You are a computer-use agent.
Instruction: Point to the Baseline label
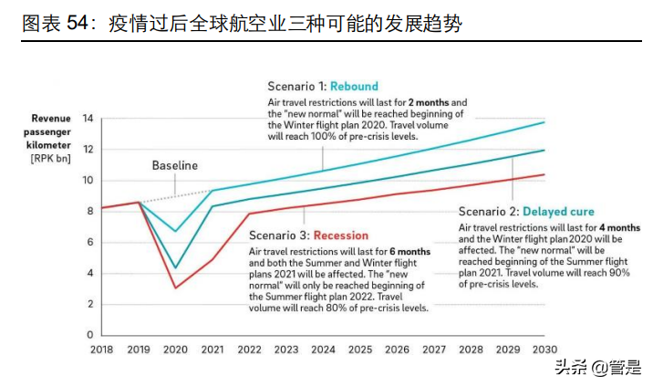pyautogui.click(x=174, y=166)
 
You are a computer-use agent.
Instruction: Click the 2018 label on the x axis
pyautogui.click(x=101, y=350)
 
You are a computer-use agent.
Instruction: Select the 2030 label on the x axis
pyautogui.click(x=544, y=350)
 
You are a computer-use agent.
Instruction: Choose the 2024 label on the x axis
pyautogui.click(x=323, y=350)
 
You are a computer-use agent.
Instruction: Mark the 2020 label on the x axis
pyautogui.click(x=175, y=350)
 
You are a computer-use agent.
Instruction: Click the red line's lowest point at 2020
pyautogui.click(x=175, y=288)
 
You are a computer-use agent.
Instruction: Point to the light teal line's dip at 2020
pyautogui.click(x=175, y=231)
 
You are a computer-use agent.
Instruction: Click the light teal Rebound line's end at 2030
pyautogui.click(x=544, y=122)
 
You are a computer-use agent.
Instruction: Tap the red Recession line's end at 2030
pyautogui.click(x=544, y=174)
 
